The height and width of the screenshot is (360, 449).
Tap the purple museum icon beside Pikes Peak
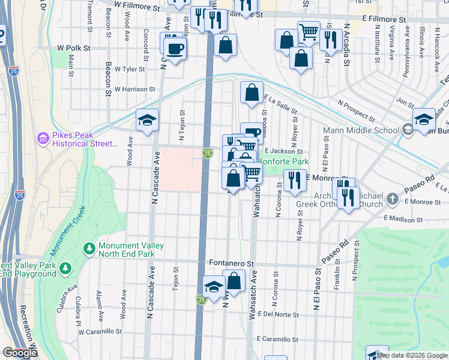click(x=43, y=139)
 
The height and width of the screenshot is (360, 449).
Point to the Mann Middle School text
click(x=361, y=130)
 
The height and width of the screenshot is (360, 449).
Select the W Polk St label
click(x=73, y=47)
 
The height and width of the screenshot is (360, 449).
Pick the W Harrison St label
click(x=134, y=89)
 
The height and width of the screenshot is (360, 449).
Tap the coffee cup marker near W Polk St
click(x=175, y=49)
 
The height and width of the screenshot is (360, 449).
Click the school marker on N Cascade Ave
click(x=146, y=120)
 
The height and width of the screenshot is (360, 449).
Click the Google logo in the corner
click(x=20, y=353)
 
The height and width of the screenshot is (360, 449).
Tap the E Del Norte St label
click(x=278, y=314)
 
